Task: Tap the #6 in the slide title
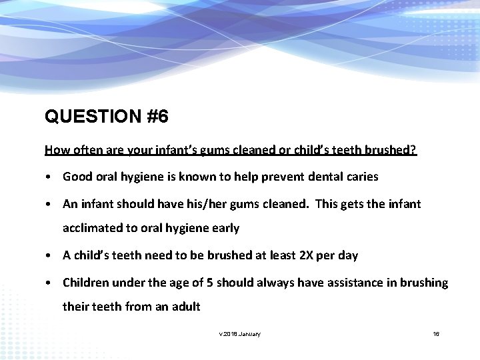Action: click(156, 117)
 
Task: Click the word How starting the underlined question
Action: click(55, 150)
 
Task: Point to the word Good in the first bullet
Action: click(77, 177)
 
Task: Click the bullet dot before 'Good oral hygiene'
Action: click(49, 177)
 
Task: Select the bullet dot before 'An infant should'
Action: click(49, 204)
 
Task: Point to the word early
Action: click(225, 229)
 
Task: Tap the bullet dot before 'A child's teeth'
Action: click(49, 256)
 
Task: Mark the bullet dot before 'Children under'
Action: click(49, 283)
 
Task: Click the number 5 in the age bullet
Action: click(211, 282)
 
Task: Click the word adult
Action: click(185, 307)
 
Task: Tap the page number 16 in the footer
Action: click(436, 333)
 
